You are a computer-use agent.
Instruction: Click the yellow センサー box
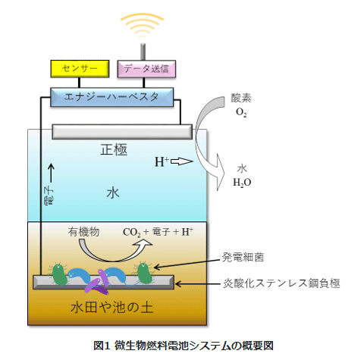[x=80, y=68]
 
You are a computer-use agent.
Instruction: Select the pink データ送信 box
[x=146, y=69]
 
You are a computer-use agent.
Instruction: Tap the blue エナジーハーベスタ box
[x=111, y=97]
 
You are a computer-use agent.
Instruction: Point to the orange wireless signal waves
[x=143, y=24]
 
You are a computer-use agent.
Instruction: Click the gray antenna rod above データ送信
[x=143, y=52]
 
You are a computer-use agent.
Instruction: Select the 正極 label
[x=114, y=149]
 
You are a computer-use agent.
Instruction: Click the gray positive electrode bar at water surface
[x=122, y=132]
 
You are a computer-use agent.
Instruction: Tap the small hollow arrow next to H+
[x=182, y=161]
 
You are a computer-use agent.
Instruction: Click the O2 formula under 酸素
[x=241, y=112]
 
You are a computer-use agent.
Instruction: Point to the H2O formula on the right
[x=242, y=183]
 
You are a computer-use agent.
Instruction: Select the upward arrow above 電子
[x=52, y=173]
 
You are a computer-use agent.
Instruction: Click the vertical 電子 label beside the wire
[x=49, y=196]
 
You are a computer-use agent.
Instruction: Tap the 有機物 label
[x=83, y=232]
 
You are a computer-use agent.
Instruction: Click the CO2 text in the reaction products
[x=131, y=233]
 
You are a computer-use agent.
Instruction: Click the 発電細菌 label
[x=243, y=257]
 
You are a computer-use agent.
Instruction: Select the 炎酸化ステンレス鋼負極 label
[x=281, y=283]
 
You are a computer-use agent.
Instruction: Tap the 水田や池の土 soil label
[x=112, y=308]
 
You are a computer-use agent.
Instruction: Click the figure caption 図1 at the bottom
[x=102, y=346]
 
